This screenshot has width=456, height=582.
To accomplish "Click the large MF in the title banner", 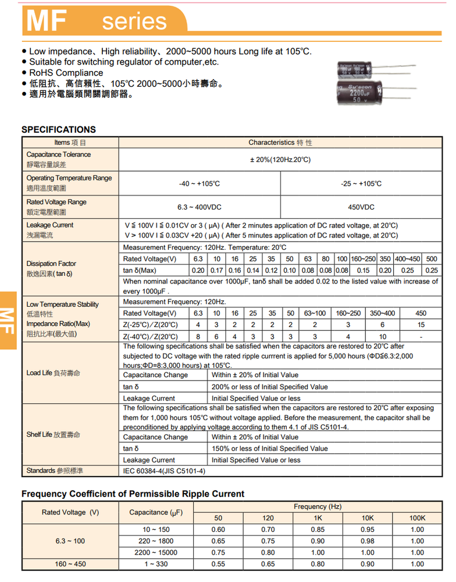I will (47, 21).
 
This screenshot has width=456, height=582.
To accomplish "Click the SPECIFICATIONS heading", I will (59, 129).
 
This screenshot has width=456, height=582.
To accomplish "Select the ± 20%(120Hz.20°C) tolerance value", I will (280, 160).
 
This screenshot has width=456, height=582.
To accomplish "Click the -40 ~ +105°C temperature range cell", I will (199, 183).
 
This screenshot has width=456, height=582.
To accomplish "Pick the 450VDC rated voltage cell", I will (361, 207).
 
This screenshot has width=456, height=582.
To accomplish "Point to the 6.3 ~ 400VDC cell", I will (199, 207).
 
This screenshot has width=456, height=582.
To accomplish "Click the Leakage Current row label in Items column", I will (50, 225).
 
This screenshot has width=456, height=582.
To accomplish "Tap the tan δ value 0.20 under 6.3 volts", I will (198, 270).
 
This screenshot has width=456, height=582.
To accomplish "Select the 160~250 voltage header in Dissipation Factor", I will (364, 258).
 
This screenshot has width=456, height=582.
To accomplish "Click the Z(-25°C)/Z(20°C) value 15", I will (421, 325).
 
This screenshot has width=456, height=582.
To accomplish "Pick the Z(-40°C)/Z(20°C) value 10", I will (382, 336).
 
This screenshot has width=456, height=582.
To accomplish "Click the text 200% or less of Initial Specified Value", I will (269, 386).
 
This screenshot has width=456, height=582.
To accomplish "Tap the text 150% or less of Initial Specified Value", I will (269, 448).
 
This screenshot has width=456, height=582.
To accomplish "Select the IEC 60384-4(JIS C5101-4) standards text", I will (164, 471).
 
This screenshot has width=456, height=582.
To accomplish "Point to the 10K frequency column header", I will (368, 518).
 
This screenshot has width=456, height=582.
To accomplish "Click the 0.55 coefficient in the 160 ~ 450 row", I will (218, 564).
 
